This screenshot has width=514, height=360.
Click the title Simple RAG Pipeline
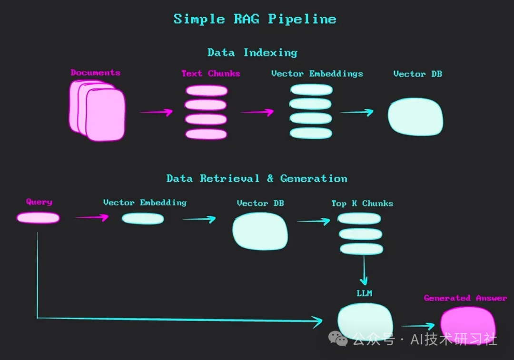255,19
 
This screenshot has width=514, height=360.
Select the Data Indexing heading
252,52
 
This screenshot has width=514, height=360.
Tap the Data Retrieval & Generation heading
257,179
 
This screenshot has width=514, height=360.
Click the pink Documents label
95,73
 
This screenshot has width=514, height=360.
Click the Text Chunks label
210,74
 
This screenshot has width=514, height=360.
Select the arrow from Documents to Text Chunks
156,112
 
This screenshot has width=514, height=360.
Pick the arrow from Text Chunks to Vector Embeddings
257,112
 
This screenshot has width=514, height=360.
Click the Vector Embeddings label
317,74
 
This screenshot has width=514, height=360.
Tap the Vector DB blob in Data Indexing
415,117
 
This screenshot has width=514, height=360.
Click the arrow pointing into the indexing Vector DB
357,112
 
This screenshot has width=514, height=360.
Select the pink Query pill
38,218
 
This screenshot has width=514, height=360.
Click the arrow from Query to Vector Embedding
92,218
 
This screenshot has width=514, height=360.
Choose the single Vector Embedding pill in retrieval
143,219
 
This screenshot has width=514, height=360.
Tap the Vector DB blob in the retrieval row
260,231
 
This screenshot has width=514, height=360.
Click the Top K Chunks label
362,204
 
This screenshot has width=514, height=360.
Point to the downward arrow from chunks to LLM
364,270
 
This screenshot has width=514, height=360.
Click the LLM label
364,293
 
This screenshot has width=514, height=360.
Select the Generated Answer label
465,298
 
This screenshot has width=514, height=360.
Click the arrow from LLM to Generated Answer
418,326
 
